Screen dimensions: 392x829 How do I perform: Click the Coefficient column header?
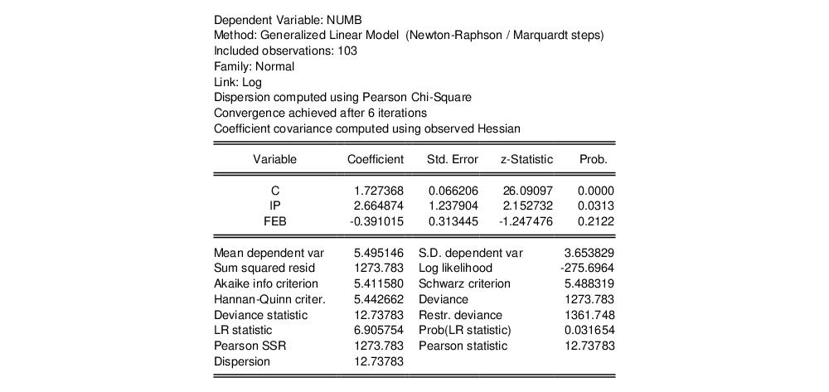pyautogui.click(x=375, y=159)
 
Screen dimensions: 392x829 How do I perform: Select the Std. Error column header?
pyautogui.click(x=453, y=159)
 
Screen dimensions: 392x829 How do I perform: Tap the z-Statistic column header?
pyautogui.click(x=526, y=159)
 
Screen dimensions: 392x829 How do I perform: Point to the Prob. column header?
pyautogui.click(x=594, y=159)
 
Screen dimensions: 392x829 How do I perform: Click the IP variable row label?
pyautogui.click(x=275, y=206)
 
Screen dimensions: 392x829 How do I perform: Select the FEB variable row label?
pyautogui.click(x=275, y=221)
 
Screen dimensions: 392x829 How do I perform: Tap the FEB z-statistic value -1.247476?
pyautogui.click(x=523, y=221)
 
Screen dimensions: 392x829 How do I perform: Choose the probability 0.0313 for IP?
pyautogui.click(x=595, y=206)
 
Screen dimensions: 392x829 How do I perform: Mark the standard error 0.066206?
pyautogui.click(x=453, y=191)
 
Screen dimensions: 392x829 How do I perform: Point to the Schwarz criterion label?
pyautogui.click(x=464, y=283)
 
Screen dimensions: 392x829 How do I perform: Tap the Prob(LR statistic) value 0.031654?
pyautogui.click(x=589, y=331)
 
